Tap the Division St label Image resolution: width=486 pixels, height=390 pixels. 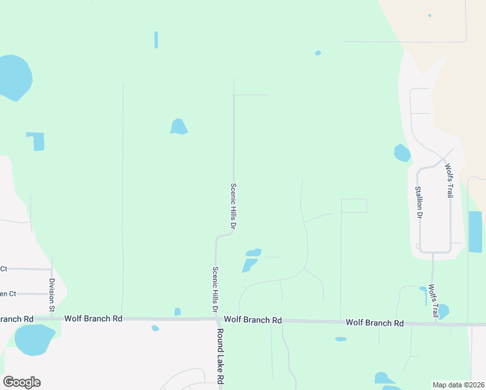point(52,294)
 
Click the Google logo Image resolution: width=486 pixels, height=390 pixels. point(21,382)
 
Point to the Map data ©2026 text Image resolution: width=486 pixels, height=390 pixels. point(458,385)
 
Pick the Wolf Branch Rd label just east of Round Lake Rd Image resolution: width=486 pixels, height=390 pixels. point(253,320)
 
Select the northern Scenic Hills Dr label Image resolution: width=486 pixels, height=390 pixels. point(233,205)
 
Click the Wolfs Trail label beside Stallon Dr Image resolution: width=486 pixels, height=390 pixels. point(448,180)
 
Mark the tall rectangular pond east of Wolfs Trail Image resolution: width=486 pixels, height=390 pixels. point(475,231)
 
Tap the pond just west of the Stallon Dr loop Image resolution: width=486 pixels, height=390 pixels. point(402,153)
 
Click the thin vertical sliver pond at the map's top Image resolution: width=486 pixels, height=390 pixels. point(156,39)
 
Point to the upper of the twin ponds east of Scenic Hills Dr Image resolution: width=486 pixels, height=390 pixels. point(253,252)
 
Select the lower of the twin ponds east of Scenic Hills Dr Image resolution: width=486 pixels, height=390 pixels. point(249,265)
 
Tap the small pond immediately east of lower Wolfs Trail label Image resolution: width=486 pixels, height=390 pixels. point(443,311)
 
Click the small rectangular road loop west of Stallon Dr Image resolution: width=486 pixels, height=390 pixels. point(354,205)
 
